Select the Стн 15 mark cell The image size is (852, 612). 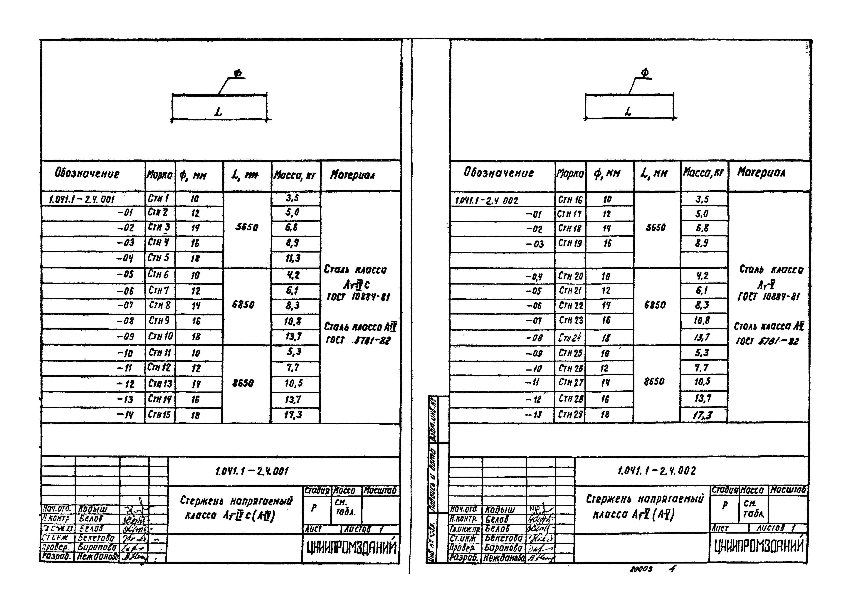(x=159, y=415)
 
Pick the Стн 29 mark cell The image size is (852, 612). (x=570, y=414)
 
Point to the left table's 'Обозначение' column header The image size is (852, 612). (x=87, y=174)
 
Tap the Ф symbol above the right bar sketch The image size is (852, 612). (x=645, y=72)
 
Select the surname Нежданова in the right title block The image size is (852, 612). (x=504, y=558)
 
